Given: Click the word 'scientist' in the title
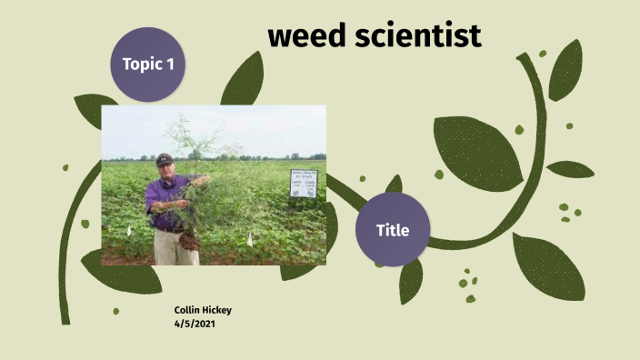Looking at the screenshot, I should tap(419, 35).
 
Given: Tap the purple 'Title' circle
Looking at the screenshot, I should tap(393, 230).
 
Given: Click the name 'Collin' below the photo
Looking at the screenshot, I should tap(189, 310).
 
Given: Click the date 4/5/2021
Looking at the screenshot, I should tap(195, 323).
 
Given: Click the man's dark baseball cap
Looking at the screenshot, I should tap(165, 158).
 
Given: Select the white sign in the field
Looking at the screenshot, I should tap(303, 183).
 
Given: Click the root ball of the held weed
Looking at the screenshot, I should tap(190, 242).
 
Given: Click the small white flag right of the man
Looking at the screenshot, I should tap(249, 240).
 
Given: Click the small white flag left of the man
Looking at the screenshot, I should tap(128, 231).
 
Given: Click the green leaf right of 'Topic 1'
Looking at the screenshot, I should tap(242, 80).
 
